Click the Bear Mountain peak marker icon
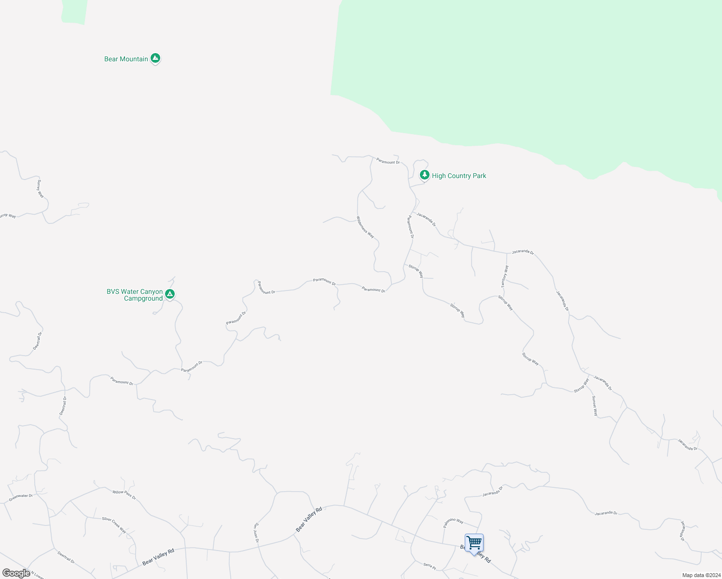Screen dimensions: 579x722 (155, 58)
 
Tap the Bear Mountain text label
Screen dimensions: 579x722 (126, 59)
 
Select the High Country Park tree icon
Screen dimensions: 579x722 (424, 175)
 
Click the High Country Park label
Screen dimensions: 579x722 (459, 176)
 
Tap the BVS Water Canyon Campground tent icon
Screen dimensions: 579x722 (169, 294)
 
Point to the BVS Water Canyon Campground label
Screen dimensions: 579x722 (135, 295)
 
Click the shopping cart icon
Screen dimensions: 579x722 (474, 543)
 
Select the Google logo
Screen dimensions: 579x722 (16, 573)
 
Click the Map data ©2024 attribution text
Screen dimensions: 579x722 (701, 575)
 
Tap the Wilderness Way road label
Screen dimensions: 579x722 (365, 227)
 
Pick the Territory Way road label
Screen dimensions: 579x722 (505, 276)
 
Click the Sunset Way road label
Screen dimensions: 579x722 (595, 406)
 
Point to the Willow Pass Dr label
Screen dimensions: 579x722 (124, 495)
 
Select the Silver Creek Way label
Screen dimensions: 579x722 (114, 525)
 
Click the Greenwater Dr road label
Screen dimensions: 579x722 (21, 497)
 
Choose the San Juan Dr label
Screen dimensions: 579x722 (257, 533)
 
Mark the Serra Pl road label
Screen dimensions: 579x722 (430, 565)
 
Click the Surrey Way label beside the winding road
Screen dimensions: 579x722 (41, 189)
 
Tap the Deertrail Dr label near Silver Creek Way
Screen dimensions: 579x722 (66, 558)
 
